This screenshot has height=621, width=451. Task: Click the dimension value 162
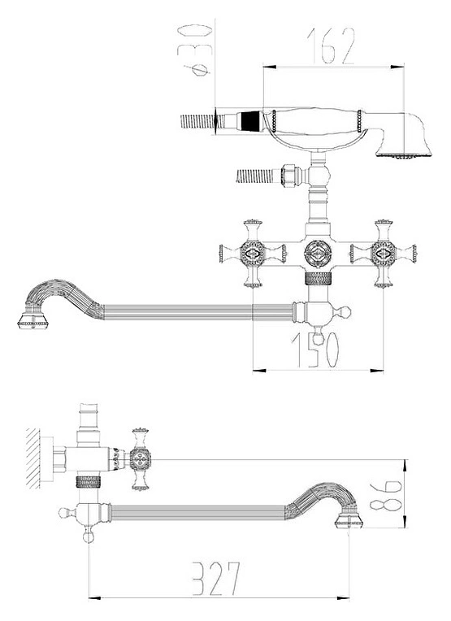coord(331,46)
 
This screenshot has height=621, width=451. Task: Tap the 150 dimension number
coord(315,350)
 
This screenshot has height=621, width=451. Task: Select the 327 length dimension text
coord(216,578)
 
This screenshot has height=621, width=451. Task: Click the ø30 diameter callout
coord(194,50)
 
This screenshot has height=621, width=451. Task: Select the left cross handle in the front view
coord(253,254)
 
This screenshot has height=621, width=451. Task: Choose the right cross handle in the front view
coord(384,254)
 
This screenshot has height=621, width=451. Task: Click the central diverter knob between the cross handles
coord(318,254)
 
